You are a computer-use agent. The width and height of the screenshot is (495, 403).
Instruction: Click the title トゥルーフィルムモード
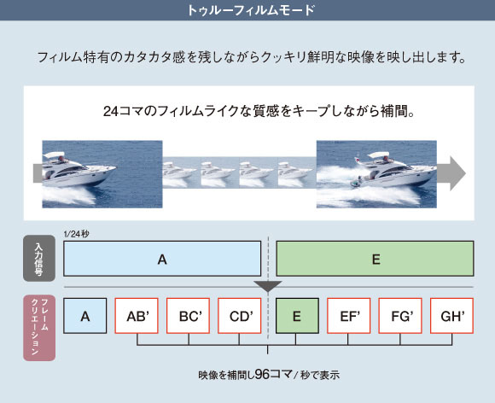point(251,10)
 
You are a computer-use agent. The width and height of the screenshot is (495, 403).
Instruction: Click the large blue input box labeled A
point(162,259)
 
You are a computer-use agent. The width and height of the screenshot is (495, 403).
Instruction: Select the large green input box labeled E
point(375,259)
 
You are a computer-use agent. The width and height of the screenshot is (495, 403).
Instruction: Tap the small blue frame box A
point(85,316)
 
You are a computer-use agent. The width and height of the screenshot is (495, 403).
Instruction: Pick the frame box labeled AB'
point(137,316)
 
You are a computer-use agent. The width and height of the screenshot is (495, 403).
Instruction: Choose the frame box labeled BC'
point(188,316)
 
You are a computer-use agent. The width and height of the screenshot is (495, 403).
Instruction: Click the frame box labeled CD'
point(240,316)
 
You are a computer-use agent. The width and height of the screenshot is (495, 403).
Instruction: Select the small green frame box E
point(297,316)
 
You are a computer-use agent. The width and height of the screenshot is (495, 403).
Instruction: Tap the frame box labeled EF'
point(349,316)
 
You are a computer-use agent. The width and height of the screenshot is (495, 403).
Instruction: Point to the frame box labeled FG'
point(400,316)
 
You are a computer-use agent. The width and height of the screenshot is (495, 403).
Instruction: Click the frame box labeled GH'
point(451,316)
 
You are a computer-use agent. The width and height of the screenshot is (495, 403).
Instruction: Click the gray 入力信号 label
point(39,259)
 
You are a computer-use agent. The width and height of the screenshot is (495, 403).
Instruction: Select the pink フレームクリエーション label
point(39,328)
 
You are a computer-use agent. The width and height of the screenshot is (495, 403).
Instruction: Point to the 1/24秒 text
point(77,234)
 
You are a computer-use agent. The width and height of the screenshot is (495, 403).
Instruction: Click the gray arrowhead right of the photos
point(457,173)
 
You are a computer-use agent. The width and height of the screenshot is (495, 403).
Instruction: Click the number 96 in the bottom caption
point(262,374)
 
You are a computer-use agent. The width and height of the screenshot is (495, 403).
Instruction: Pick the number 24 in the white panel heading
point(111,111)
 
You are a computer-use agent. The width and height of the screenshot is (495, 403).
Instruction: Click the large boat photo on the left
point(102,174)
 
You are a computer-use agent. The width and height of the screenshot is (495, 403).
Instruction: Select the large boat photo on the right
point(376,174)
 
